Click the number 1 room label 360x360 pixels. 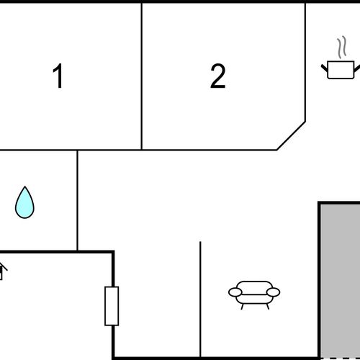point(58,76)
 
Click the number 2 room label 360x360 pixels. point(218,76)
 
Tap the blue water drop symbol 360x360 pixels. point(24,202)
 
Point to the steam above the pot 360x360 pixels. point(342,47)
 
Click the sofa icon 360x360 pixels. point(254,295)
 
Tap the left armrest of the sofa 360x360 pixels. point(235,292)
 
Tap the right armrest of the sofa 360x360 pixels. point(274,292)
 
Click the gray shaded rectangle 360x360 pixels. point(340,280)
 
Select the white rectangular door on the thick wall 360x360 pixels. point(112,306)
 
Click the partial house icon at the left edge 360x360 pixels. point(2,271)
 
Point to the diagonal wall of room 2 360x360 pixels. point(291,136)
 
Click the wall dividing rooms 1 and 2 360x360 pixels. point(142,76)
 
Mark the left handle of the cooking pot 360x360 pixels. point(325,68)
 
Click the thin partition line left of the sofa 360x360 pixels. point(200,300)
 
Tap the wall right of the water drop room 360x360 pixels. point(77,200)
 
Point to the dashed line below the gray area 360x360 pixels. point(340,359)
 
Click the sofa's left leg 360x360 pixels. point(243,307)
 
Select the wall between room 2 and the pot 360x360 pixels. point(305,62)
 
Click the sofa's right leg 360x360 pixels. point(268,307)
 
